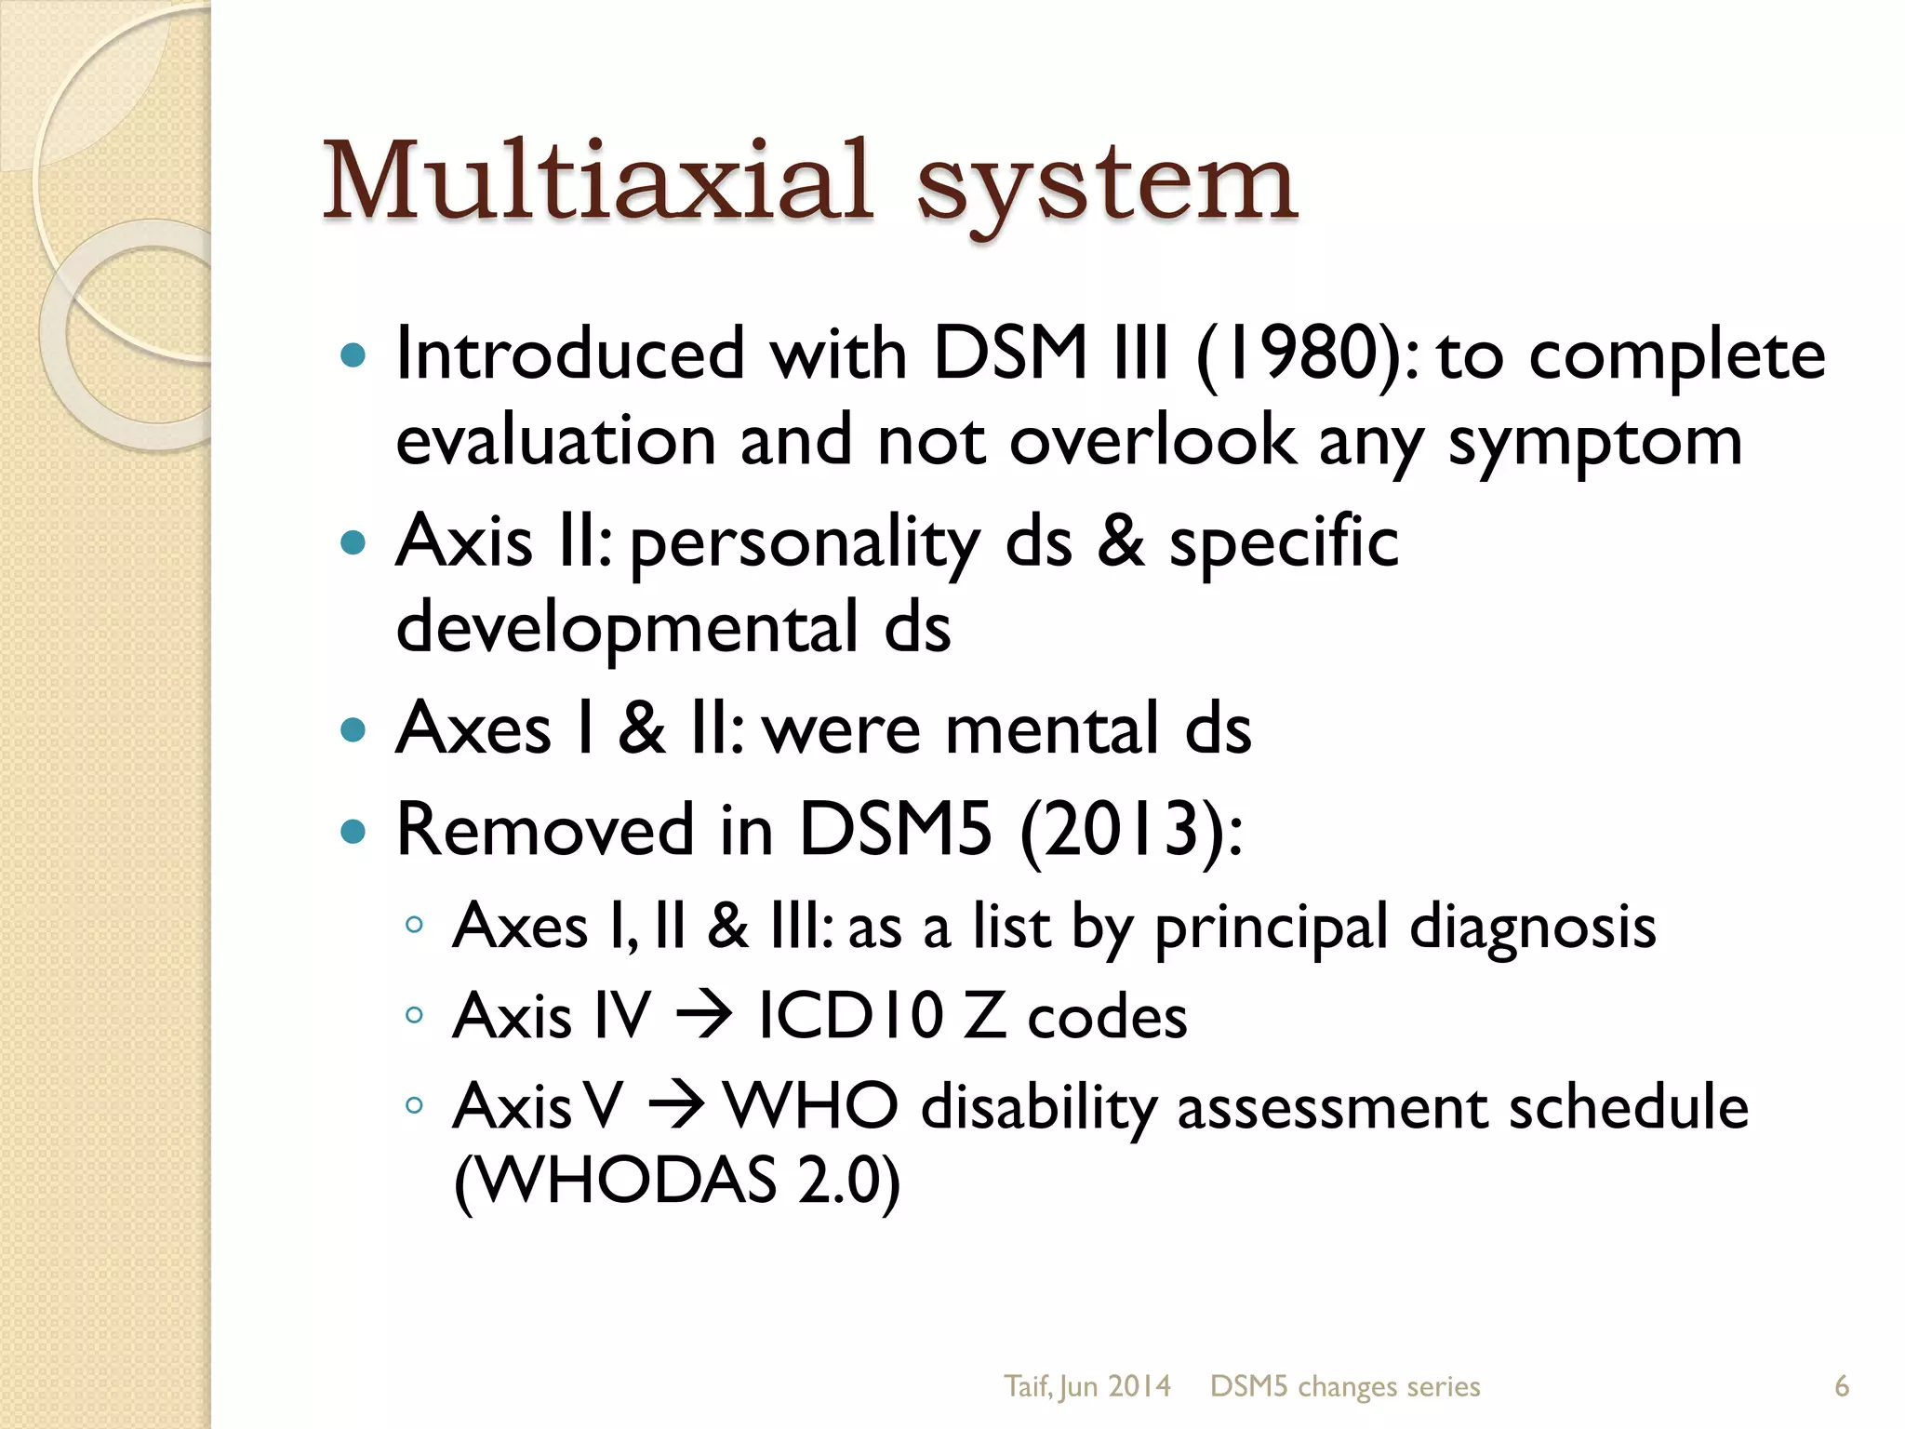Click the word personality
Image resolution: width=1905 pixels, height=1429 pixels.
pyautogui.click(x=805, y=544)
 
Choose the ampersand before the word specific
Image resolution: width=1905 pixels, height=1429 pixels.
pyautogui.click(x=1120, y=541)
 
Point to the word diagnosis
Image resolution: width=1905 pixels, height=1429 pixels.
pyautogui.click(x=1532, y=928)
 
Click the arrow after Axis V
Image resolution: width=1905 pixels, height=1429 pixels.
pyautogui.click(x=674, y=1107)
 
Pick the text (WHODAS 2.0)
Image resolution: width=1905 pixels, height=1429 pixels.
pyautogui.click(x=677, y=1180)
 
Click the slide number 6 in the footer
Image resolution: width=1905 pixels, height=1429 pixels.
pyautogui.click(x=1841, y=1386)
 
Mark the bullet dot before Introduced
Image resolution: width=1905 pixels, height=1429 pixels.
pyautogui.click(x=353, y=354)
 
